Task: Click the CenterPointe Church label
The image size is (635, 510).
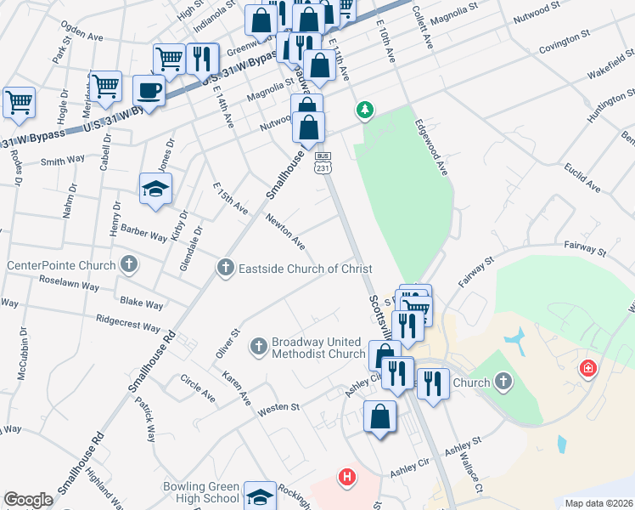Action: pos(61,265)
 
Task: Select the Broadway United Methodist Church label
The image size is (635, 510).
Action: pos(317,348)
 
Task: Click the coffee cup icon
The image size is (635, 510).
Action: pos(149,91)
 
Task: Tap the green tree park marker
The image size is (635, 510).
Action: pos(364,110)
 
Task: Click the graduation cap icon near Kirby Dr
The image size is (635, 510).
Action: pos(155,189)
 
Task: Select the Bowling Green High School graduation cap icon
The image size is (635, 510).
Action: pos(259,496)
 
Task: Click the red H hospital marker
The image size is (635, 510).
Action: pos(346,478)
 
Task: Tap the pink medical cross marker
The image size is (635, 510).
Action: pos(587,369)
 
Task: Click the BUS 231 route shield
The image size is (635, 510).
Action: pos(323,163)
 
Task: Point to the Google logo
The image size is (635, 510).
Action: pos(28,500)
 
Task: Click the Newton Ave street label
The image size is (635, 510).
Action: pos(285,231)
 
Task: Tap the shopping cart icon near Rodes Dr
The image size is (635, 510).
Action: pos(19,102)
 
